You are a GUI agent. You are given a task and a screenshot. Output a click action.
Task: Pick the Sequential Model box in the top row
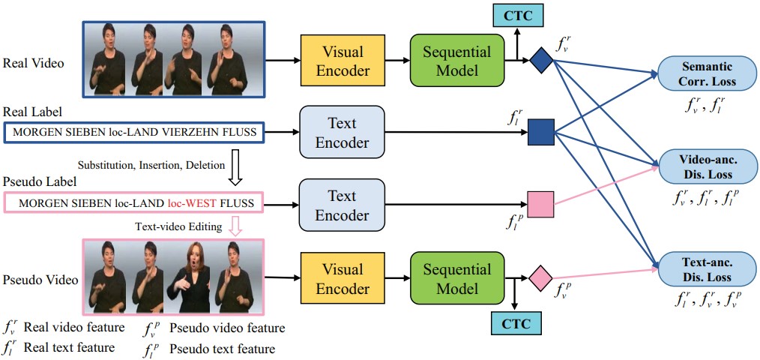(456, 61)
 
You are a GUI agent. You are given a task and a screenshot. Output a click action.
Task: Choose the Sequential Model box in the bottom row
(456, 279)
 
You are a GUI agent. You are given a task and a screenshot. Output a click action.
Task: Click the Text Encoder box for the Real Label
(341, 133)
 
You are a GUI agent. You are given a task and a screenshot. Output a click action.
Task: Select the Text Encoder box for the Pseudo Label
(341, 205)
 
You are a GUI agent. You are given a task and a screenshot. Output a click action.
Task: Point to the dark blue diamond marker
(540, 61)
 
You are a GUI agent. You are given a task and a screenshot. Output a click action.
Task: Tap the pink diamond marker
(540, 279)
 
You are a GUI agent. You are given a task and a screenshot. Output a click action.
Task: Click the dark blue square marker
(540, 133)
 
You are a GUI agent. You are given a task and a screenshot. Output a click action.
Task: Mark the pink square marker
(540, 205)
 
